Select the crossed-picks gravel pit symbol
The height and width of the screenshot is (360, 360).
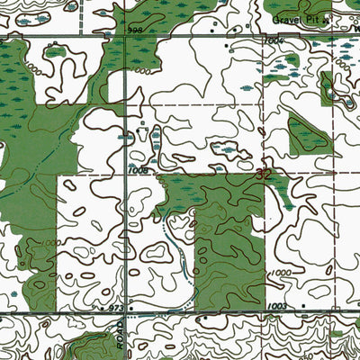tap(328, 17)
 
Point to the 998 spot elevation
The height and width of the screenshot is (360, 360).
tap(136, 30)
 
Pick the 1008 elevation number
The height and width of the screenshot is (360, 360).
tap(138, 168)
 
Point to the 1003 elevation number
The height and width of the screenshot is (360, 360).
tap(276, 308)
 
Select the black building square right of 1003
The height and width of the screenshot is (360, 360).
tap(302, 306)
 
